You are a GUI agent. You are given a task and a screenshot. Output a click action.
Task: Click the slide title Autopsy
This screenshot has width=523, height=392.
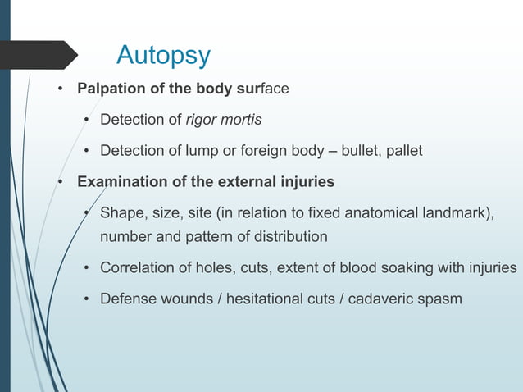[163, 55]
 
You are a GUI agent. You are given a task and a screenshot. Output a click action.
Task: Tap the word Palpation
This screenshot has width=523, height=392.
[109, 89]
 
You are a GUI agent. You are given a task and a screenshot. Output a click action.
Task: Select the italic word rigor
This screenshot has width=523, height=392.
[202, 120]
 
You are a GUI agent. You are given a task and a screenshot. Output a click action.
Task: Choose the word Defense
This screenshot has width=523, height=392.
[127, 299]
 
